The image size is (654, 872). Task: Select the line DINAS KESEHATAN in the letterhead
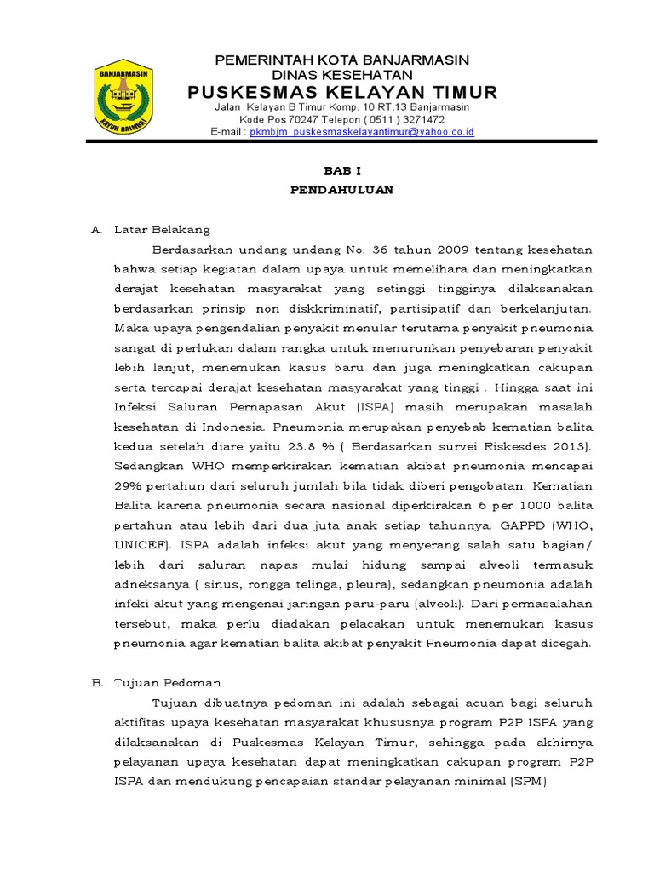click(341, 75)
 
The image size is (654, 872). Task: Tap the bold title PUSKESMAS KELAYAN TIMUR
click(342, 92)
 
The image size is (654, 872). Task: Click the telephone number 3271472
click(422, 120)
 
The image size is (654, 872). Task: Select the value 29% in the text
click(129, 485)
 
